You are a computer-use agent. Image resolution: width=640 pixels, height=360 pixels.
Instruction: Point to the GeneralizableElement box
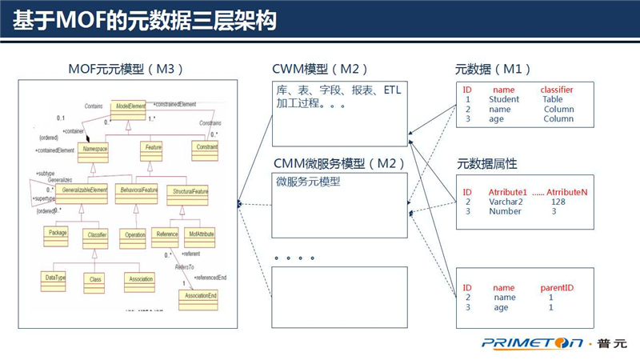(82, 191)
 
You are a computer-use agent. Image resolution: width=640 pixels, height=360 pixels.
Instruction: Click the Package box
(58, 234)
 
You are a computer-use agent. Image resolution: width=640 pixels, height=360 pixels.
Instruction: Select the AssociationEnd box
(197, 297)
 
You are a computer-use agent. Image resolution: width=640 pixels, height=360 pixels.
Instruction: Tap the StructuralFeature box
(190, 191)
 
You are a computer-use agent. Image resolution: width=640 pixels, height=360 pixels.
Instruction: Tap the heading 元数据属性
(486, 164)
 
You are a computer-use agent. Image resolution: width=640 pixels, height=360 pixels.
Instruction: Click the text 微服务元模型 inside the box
(308, 182)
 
